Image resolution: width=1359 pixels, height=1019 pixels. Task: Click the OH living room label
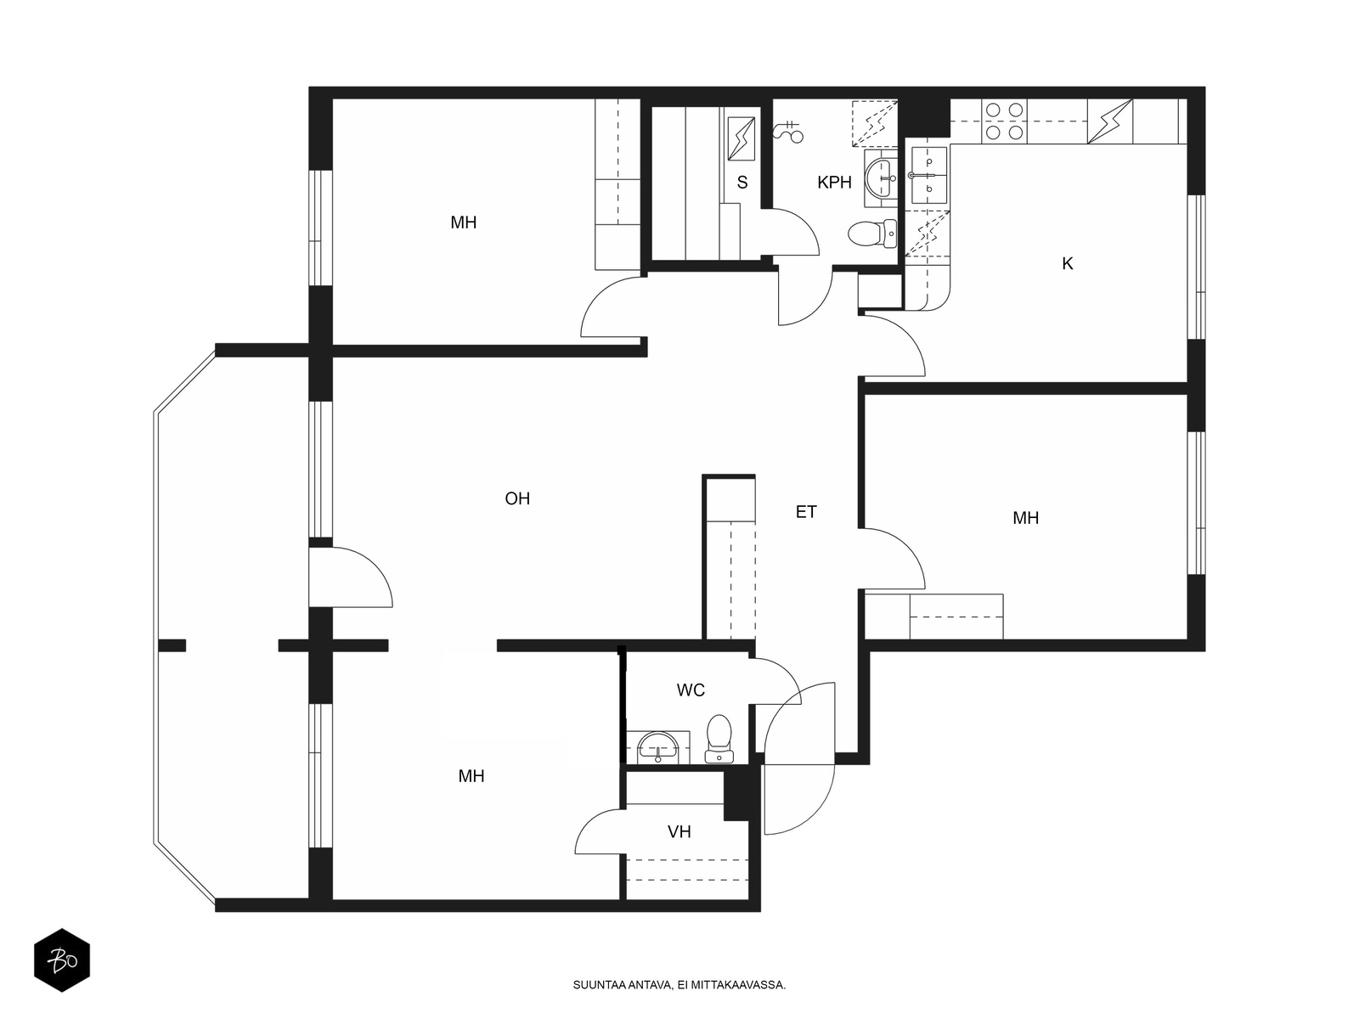pos(517,498)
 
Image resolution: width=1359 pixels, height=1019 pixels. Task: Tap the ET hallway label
pos(805,512)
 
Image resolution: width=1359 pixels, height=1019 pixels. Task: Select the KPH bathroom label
pos(834,183)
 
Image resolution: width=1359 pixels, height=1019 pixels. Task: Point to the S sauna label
pos(742,183)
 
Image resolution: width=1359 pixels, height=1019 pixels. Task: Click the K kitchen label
pos(1068,263)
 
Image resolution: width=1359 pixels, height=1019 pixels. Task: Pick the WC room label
pos(691,690)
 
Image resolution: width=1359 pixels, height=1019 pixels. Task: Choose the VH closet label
pos(679,832)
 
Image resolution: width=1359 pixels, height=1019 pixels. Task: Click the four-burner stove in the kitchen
pos(1004,121)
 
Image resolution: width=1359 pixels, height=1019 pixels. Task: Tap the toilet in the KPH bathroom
pos(871,234)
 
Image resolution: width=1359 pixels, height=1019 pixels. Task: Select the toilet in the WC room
pos(719,739)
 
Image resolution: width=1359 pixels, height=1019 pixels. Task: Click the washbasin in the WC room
pos(658,747)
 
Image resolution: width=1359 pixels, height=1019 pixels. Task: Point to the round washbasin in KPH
pos(881,178)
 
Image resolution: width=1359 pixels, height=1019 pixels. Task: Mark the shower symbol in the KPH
pos(788,131)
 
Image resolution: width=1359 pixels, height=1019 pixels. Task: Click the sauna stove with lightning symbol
pos(742,138)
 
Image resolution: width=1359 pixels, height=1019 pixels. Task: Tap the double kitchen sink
pos(928,176)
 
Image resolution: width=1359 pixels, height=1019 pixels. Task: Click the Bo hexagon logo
pos(62,960)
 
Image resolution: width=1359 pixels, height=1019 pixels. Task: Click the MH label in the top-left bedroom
pos(463,222)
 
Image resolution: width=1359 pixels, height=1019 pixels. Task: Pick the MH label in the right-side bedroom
pos(1025,518)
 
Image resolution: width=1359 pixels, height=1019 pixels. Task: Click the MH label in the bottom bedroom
pos(471,776)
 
